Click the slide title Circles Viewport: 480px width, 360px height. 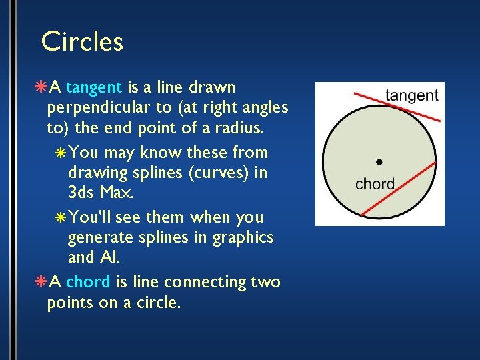pos(82,42)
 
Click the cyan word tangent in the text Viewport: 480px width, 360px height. pos(94,87)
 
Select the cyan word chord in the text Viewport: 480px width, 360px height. pos(88,282)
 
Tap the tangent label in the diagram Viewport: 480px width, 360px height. pos(411,95)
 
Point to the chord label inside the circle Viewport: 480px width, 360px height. pos(375,183)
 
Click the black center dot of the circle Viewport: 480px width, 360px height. pos(379,161)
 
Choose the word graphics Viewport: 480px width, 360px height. pos(243,238)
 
